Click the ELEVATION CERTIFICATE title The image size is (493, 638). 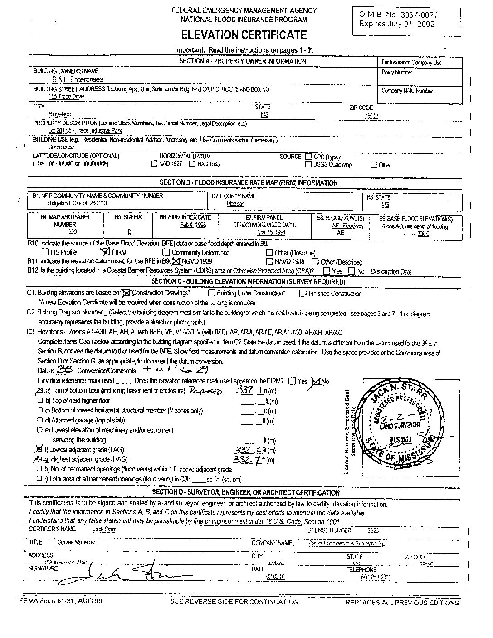pos(244,35)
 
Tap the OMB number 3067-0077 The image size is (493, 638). pos(398,15)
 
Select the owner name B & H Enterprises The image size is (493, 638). pos(77,79)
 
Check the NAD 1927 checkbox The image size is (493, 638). pos(154,164)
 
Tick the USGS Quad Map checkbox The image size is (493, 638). pos(308,165)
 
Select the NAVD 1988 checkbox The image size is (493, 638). pos(269,262)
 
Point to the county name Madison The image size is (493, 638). pos(235,204)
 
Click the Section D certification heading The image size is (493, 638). pos(246,493)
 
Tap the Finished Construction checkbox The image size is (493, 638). pos(303,294)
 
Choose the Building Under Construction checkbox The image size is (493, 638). pos(211,293)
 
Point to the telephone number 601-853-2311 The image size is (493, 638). pos(377,577)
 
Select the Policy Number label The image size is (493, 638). pos(397,72)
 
